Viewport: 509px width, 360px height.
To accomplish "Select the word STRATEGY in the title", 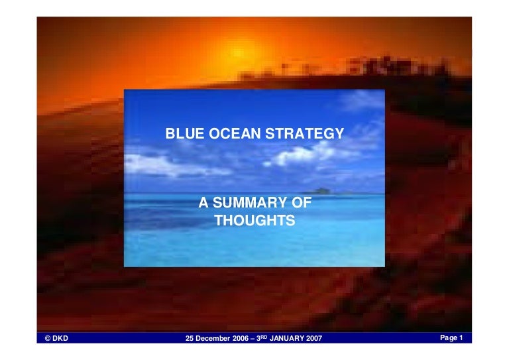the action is pyautogui.click(x=304, y=133).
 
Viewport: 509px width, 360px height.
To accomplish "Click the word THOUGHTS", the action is pyautogui.click(x=254, y=220).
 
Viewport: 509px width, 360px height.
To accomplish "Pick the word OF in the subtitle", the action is pyautogui.click(x=302, y=203).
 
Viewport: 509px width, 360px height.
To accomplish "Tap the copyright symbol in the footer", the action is pyautogui.click(x=48, y=338).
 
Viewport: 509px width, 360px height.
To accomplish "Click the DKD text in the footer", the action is pyautogui.click(x=60, y=338).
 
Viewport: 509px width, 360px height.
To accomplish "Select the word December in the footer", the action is pyautogui.click(x=213, y=338).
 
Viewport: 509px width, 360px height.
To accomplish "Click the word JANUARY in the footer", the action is pyautogui.click(x=286, y=338).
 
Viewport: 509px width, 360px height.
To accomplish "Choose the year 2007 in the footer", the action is pyautogui.click(x=314, y=338).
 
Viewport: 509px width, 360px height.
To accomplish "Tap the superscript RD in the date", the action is pyautogui.click(x=264, y=337).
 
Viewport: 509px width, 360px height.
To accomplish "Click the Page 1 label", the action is pyautogui.click(x=451, y=338).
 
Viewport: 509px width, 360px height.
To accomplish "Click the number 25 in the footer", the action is pyautogui.click(x=190, y=338).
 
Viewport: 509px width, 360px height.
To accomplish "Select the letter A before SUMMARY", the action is pyautogui.click(x=203, y=203).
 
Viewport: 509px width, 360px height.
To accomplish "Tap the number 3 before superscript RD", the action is pyautogui.click(x=258, y=338).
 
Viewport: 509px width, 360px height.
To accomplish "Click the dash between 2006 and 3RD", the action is pyautogui.click(x=253, y=339).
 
